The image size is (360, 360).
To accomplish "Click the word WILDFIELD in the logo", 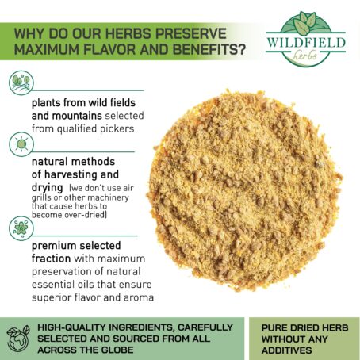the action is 306,43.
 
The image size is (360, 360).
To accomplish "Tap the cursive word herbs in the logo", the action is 304,55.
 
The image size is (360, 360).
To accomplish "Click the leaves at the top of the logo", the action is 305,23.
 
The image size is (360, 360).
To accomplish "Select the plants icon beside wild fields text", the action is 21,83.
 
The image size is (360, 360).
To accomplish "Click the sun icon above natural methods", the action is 21,144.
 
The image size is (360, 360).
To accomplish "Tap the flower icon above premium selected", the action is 21,228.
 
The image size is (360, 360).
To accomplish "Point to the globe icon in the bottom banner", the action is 18,339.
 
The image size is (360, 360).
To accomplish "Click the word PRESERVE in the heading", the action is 190,33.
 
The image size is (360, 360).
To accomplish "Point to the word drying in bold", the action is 48,188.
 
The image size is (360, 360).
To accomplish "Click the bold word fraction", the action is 52,259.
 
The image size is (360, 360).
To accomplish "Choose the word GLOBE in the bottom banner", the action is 117,350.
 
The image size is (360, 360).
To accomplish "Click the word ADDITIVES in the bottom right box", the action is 287,350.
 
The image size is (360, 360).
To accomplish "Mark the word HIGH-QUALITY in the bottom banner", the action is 72,327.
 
